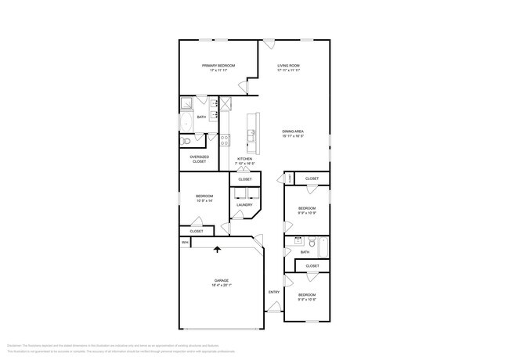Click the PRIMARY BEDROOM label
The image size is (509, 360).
(x=218, y=66)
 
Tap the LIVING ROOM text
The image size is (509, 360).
(x=289, y=66)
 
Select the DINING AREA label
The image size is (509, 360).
(x=293, y=131)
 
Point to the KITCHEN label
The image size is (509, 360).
(x=245, y=159)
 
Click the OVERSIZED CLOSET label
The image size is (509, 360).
(x=200, y=159)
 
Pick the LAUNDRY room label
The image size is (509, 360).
(x=244, y=205)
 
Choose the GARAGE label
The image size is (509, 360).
(x=222, y=280)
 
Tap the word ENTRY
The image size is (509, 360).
(x=274, y=292)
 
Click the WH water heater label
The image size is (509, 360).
(x=185, y=243)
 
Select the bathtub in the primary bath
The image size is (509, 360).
(x=186, y=124)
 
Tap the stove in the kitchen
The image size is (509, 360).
(x=225, y=141)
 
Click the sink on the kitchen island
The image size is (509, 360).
(x=251, y=136)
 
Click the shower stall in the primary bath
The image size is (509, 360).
(x=188, y=104)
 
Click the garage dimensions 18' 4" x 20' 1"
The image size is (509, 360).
(x=222, y=286)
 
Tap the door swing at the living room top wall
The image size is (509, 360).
(x=268, y=45)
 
